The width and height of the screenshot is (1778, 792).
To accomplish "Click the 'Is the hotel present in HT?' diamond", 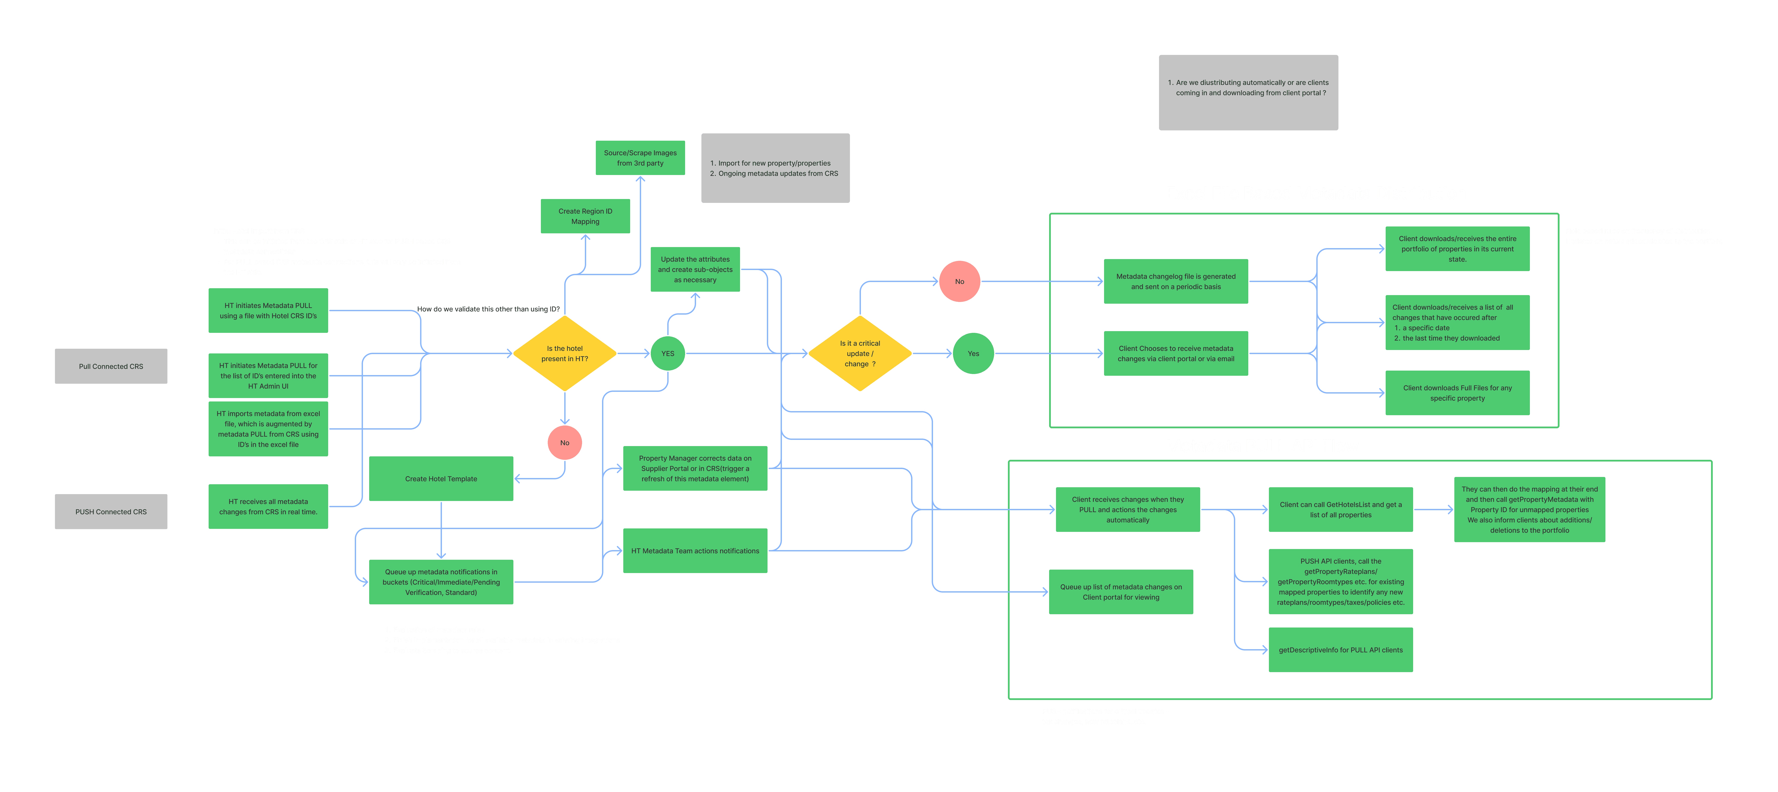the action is pyautogui.click(x=565, y=353).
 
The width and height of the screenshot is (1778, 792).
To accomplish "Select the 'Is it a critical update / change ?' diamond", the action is pyautogui.click(x=860, y=353).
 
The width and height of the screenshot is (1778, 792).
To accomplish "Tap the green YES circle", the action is pyautogui.click(x=668, y=353).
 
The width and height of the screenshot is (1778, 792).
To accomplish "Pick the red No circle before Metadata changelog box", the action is pyautogui.click(x=959, y=281).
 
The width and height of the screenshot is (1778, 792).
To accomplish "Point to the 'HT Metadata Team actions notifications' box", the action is pyautogui.click(x=695, y=551).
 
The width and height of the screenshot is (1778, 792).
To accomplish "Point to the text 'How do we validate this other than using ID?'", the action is pyautogui.click(x=488, y=309).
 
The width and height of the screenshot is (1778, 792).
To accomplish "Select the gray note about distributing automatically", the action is pyautogui.click(x=1248, y=92).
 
